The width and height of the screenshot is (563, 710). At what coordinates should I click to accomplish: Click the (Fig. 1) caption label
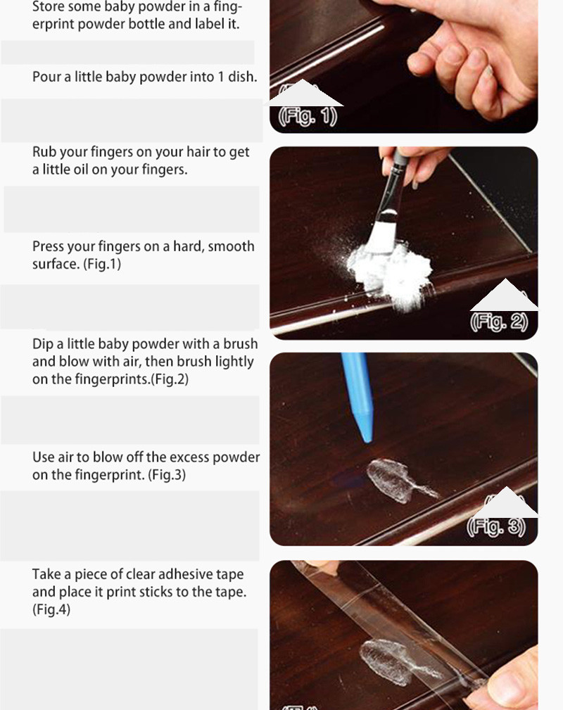coord(308,115)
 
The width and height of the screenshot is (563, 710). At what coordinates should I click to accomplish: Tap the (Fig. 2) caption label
coord(498,322)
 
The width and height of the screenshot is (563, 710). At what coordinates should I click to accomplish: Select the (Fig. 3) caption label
coord(496,526)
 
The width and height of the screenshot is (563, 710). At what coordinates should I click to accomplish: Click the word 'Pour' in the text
coord(46,77)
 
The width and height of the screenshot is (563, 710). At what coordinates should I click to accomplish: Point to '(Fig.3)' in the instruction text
coord(166,475)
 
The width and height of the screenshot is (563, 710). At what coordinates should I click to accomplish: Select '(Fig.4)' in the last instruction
coord(51,609)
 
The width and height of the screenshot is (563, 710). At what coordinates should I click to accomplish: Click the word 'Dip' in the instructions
coord(44,344)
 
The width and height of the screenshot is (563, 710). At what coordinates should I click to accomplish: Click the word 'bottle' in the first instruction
coord(156,24)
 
